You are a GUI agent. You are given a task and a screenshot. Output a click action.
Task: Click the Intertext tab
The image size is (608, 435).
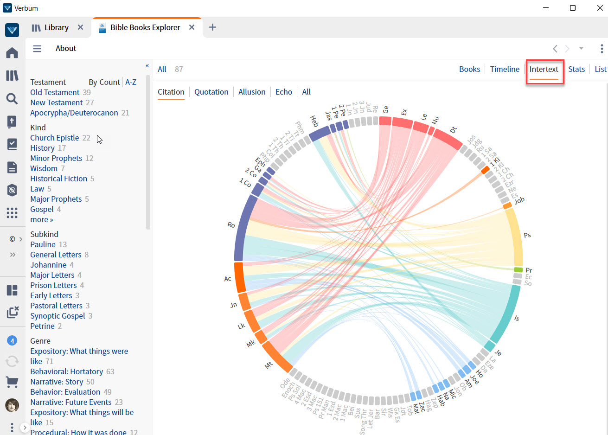pos(544,69)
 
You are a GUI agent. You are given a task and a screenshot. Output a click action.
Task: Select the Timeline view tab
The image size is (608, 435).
pos(505,69)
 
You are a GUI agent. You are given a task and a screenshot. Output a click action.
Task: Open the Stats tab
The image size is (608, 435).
pos(576,69)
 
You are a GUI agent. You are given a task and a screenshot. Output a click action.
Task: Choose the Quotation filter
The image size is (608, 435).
pos(211,92)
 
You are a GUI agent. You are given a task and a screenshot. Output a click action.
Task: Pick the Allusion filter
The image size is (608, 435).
pos(252,92)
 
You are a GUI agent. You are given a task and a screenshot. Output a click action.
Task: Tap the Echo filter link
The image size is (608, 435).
pos(283,92)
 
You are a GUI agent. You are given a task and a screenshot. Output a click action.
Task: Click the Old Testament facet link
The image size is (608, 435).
pos(55,92)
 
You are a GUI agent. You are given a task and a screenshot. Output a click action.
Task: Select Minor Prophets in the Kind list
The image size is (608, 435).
pos(56,158)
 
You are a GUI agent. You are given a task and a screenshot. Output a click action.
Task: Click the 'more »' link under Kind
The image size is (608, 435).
pos(42,219)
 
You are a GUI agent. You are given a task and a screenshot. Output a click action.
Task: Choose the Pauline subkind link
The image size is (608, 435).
pos(43,244)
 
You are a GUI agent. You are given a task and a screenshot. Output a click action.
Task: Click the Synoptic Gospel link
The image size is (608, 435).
pos(58,316)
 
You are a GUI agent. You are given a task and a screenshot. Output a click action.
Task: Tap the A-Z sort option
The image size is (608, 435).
pos(131,82)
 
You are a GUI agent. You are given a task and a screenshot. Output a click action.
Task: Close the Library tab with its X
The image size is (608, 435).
pos(80,27)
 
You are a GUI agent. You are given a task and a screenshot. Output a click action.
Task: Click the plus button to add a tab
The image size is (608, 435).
pos(212,27)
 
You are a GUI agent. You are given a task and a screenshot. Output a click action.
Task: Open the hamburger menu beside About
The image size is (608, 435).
pos(37,48)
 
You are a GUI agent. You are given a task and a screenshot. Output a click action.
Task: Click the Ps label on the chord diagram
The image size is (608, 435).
pos(527,235)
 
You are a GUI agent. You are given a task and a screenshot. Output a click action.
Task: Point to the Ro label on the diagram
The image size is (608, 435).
pos(231,225)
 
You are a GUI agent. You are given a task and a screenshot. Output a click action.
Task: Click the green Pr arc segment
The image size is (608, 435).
pos(518,270)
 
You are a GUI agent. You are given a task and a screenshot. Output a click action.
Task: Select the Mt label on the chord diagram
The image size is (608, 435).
pos(269,365)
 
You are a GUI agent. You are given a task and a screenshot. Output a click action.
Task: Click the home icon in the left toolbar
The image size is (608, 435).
pos(12,52)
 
